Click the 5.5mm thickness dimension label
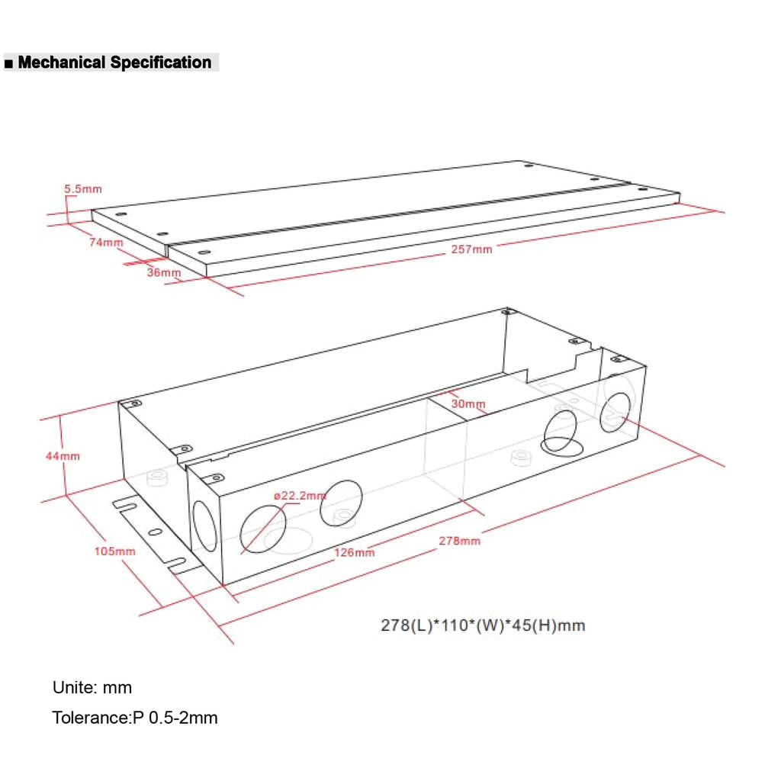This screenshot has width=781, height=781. click(82, 189)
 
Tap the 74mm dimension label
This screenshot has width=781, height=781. click(106, 243)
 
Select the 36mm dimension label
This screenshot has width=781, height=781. click(164, 272)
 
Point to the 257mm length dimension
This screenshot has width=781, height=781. click(471, 249)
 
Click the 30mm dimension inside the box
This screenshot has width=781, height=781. click(468, 404)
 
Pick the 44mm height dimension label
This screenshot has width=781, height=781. click(63, 456)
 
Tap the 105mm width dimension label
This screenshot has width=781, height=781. click(115, 551)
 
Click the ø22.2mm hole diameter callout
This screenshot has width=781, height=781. click(300, 496)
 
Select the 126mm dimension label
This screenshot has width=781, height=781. click(354, 553)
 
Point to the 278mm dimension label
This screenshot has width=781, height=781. click(460, 541)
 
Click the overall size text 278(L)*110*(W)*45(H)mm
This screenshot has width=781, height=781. click(483, 625)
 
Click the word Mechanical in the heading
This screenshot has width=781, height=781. click(62, 63)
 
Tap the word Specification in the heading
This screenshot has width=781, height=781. click(161, 63)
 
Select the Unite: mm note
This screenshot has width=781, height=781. click(92, 688)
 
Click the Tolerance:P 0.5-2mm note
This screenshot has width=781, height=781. click(135, 718)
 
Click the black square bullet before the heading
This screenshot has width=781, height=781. click(8, 64)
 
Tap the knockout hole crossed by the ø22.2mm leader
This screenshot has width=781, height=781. click(263, 529)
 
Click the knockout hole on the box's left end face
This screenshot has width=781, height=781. click(204, 526)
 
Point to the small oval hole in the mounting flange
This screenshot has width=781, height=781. click(156, 532)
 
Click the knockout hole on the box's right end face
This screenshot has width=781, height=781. click(615, 413)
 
